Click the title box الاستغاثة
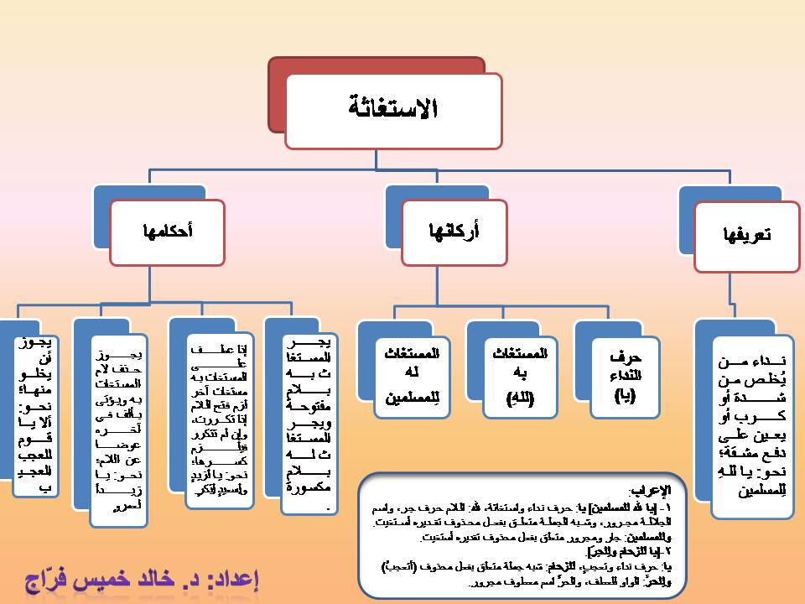[393, 110]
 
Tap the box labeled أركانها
[454, 232]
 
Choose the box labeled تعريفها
[745, 237]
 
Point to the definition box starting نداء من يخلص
[752, 426]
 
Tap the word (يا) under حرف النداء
[625, 396]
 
